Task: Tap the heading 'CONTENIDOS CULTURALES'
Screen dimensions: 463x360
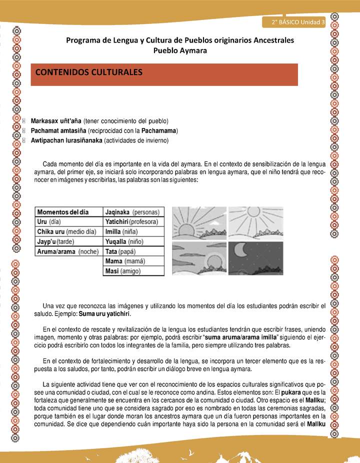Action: [89, 72]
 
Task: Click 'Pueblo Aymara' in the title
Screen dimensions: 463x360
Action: [179, 50]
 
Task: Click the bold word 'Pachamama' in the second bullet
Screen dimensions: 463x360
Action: [159, 131]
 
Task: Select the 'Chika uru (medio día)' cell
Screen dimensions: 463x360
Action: [66, 231]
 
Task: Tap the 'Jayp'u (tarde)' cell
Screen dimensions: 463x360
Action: [54, 241]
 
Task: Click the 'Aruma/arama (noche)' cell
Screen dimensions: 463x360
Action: [67, 251]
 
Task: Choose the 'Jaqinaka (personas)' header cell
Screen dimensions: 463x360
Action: [132, 211]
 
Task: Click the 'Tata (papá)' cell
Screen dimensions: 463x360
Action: [120, 251]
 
